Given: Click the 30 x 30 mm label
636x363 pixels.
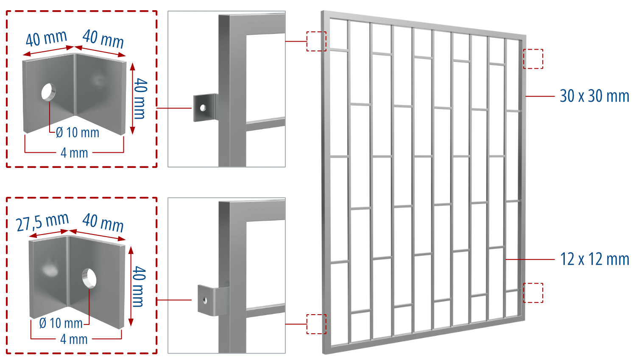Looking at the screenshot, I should click(x=594, y=96).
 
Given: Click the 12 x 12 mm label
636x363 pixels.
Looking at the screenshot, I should click(x=594, y=259).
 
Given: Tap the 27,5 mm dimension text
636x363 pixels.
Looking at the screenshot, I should click(x=42, y=222).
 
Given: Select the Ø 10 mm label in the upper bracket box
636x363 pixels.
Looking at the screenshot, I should click(x=77, y=133).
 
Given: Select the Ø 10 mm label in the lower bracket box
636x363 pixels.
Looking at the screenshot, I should click(x=61, y=324).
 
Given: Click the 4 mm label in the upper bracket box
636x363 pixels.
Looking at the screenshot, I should click(x=74, y=153).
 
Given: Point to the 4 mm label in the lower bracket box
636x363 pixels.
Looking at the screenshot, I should click(x=74, y=339).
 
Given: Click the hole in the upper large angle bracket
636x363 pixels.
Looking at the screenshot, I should click(x=48, y=92).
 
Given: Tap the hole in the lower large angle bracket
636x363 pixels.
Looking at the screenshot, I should click(x=89, y=277).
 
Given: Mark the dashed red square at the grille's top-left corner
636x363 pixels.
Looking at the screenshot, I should click(x=316, y=41).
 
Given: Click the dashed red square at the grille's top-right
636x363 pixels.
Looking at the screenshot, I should click(x=533, y=59).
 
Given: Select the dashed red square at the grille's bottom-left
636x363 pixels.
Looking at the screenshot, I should click(x=316, y=324).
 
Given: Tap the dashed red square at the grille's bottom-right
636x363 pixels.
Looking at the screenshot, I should click(x=533, y=293).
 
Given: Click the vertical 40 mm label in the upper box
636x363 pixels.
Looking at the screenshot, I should click(x=140, y=98).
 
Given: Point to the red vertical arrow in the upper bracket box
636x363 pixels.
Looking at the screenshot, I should click(x=132, y=98).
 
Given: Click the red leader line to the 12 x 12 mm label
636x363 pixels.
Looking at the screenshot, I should click(x=530, y=259).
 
